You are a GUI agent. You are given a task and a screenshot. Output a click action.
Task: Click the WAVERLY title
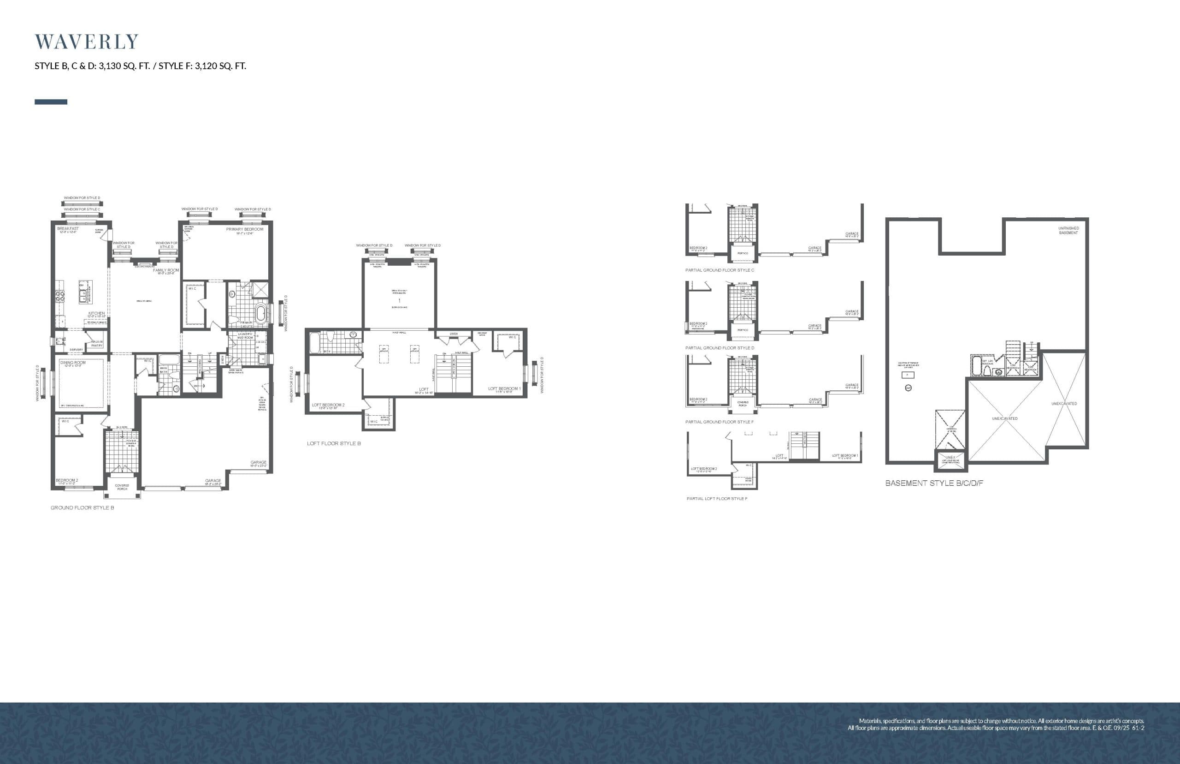pyautogui.click(x=86, y=42)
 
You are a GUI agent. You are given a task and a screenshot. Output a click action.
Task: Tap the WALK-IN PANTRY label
pyautogui.click(x=97, y=343)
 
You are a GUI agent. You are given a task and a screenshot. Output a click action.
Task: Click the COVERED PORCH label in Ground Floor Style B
pyautogui.click(x=122, y=487)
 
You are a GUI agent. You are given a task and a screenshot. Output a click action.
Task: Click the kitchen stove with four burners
pyautogui.click(x=59, y=296)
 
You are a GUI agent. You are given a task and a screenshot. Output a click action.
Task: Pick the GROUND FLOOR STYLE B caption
pyautogui.click(x=82, y=508)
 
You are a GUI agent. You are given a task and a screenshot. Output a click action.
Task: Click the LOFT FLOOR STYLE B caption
pyautogui.click(x=334, y=443)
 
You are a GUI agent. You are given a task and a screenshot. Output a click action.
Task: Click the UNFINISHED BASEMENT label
pyautogui.click(x=1068, y=230)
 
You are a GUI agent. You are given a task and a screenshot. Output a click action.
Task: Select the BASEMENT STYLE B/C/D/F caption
pyautogui.click(x=934, y=483)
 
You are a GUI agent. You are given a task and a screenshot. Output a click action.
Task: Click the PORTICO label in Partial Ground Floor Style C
pyautogui.click(x=743, y=253)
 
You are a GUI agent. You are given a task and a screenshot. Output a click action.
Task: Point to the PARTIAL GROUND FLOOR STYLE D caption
pyautogui.click(x=720, y=348)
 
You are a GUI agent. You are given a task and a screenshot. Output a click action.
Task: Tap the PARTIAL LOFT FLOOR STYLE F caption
pyautogui.click(x=717, y=499)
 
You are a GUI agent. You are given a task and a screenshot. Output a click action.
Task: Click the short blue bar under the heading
pyautogui.click(x=51, y=101)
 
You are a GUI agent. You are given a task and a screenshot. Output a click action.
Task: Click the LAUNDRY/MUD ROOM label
pyautogui.click(x=245, y=336)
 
